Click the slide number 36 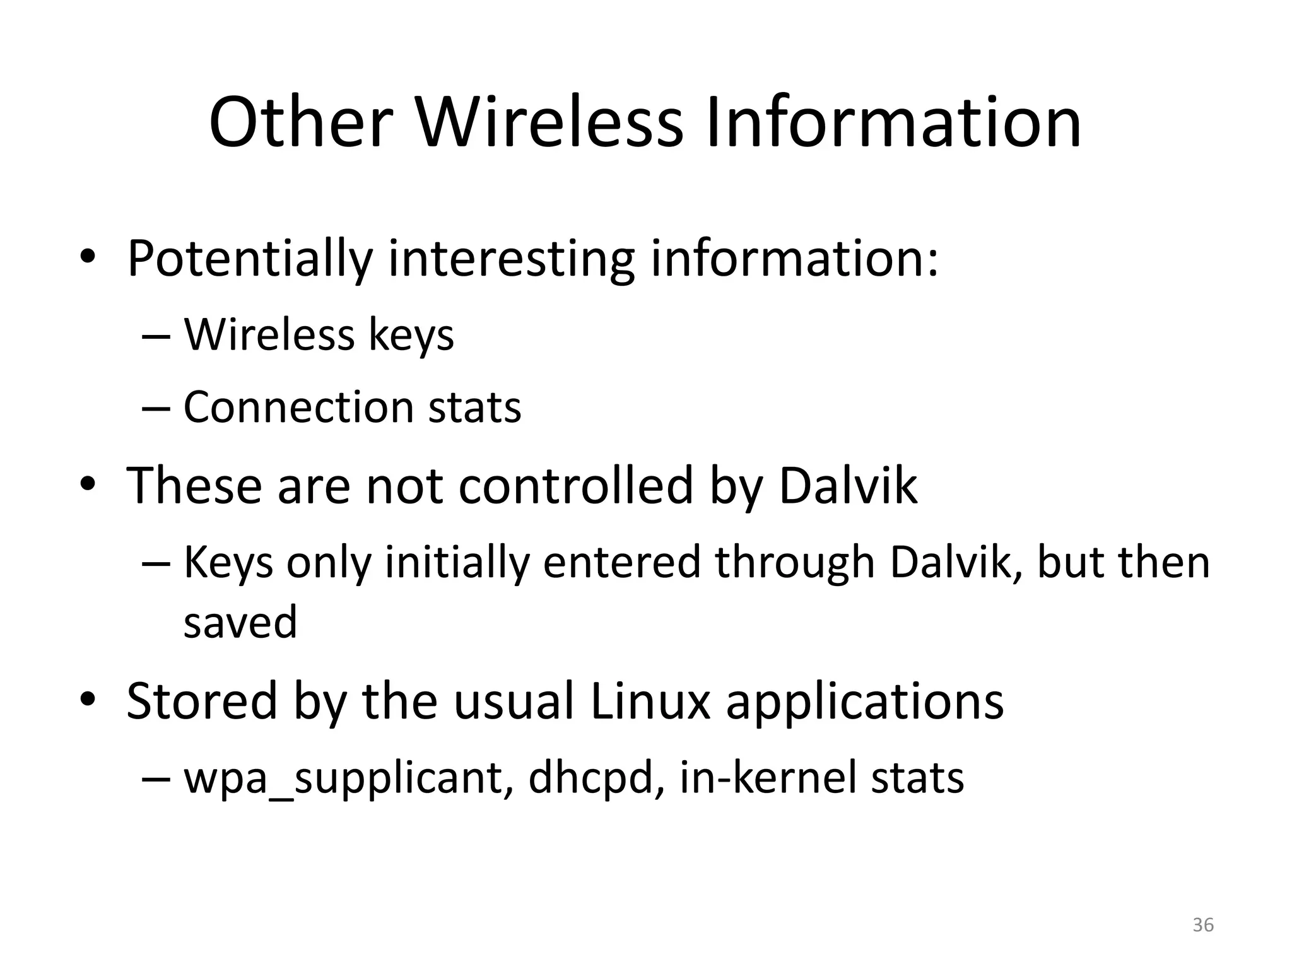click(1202, 925)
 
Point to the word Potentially click(250, 259)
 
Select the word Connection click(297, 407)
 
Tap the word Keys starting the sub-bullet click(228, 563)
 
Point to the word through click(795, 563)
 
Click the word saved click(240, 622)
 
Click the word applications click(864, 702)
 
